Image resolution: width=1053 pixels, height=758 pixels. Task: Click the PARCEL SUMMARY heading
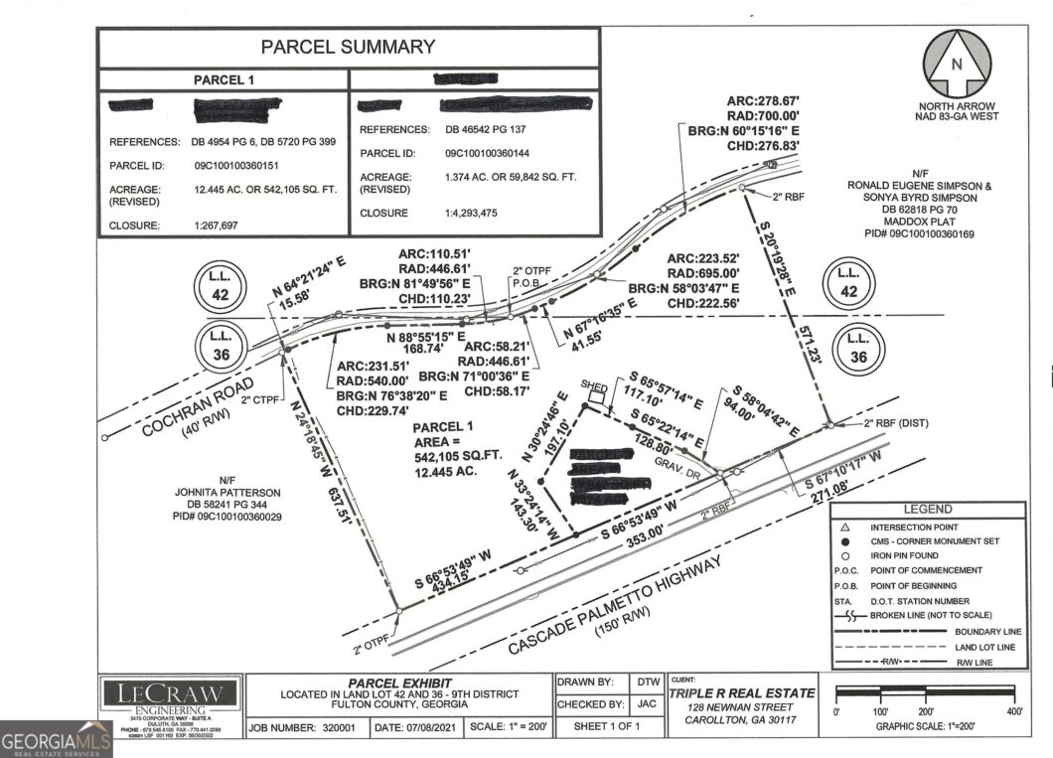point(348,47)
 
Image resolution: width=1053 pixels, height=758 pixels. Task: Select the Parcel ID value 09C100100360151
point(235,166)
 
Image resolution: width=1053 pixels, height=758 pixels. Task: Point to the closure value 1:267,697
point(224,226)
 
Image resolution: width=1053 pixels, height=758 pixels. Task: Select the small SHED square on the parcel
point(596,395)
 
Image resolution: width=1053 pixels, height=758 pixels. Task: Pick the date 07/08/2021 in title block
point(421,726)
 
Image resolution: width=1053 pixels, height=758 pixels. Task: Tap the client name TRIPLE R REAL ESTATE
point(742,692)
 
